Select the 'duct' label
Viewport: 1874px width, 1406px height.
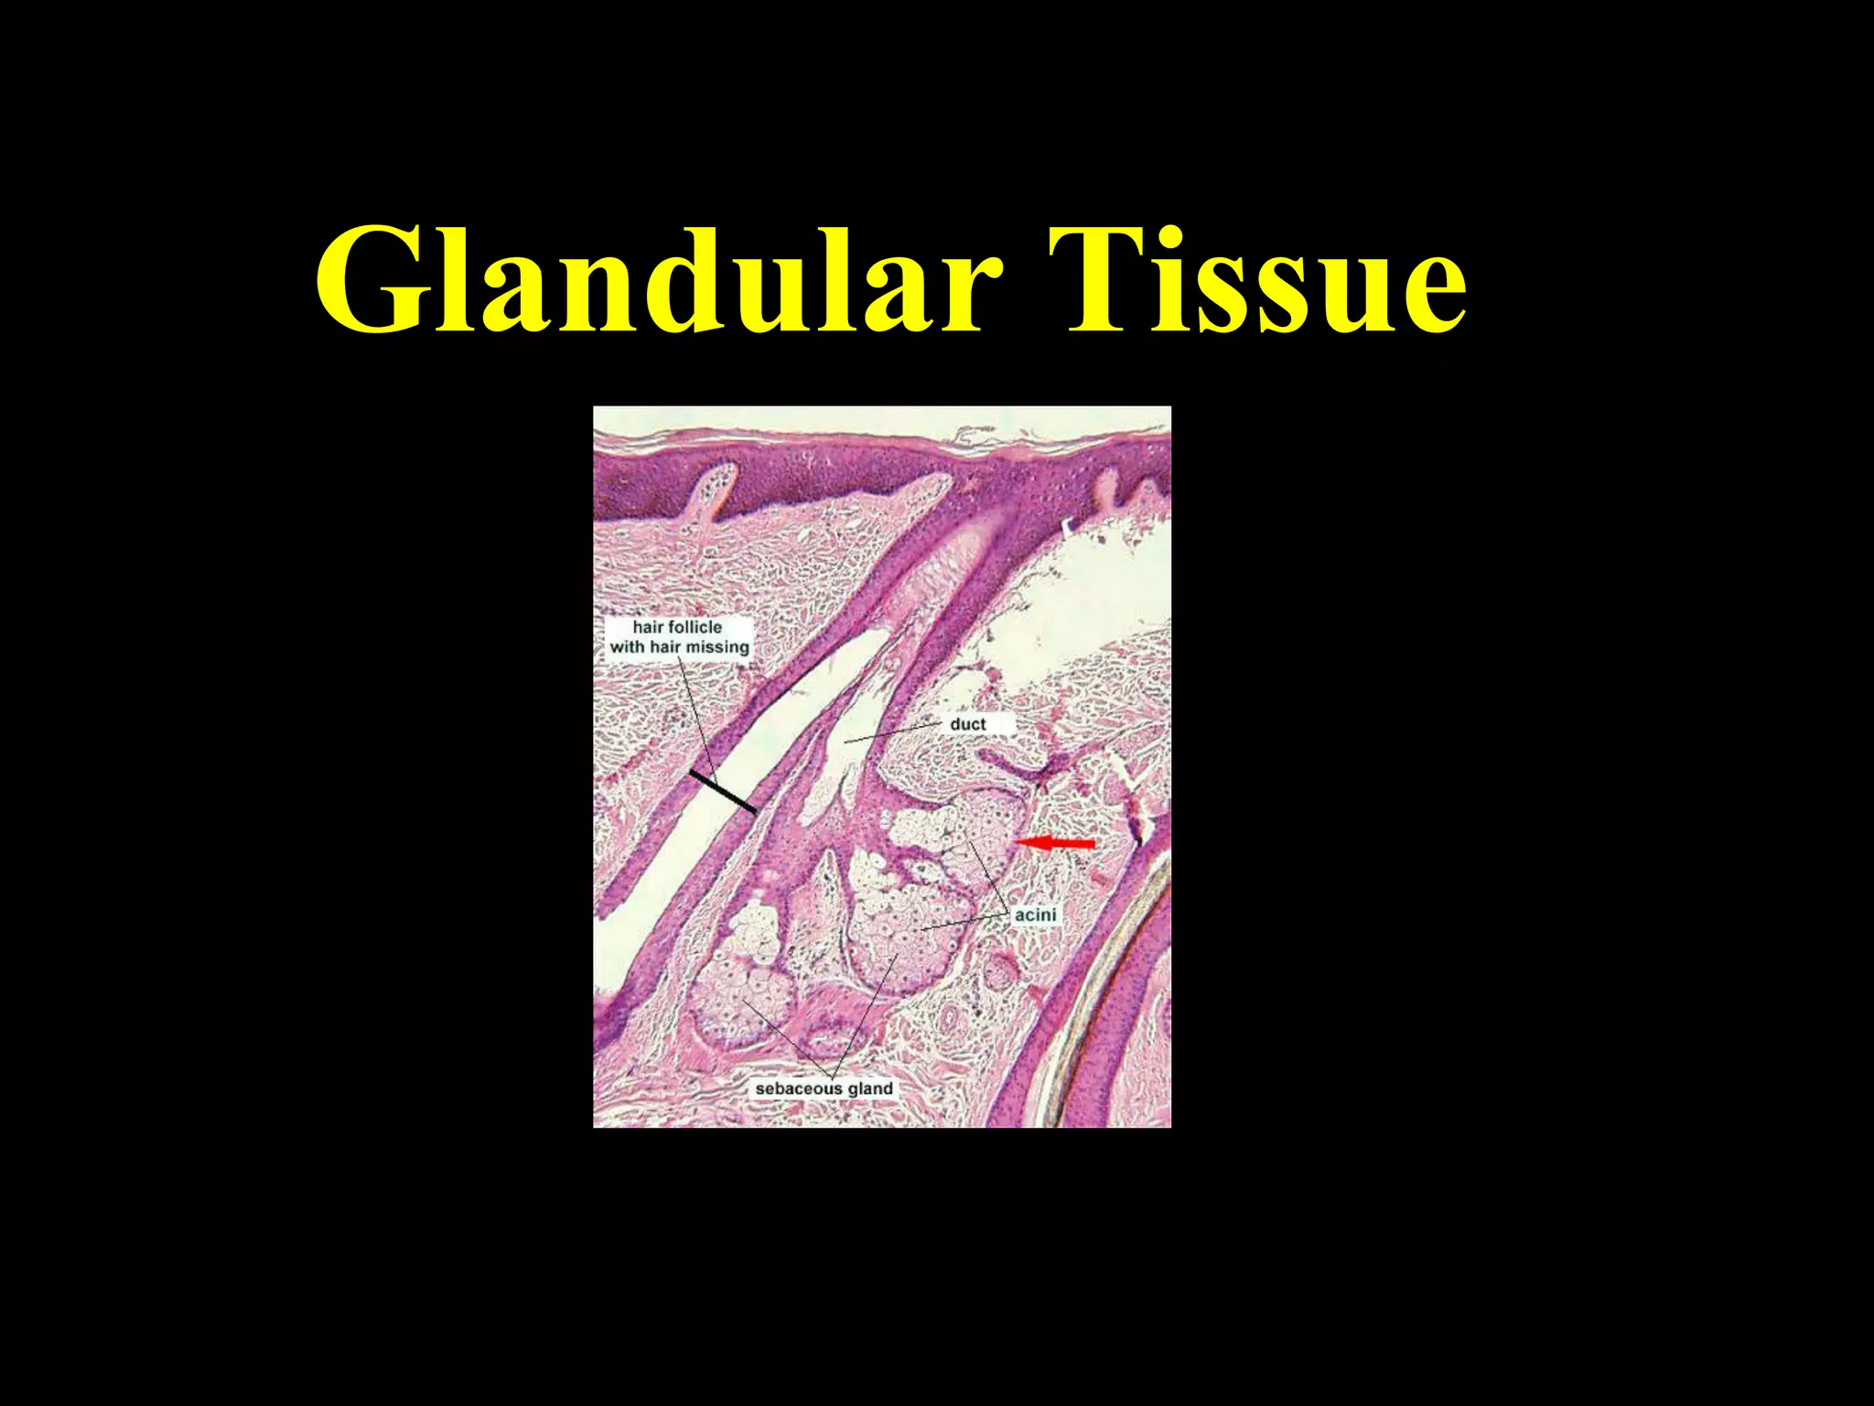pyautogui.click(x=967, y=724)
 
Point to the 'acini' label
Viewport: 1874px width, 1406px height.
pyautogui.click(x=1035, y=914)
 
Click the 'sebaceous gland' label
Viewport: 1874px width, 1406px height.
pyautogui.click(x=824, y=1088)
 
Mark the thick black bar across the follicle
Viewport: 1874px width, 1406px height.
pyautogui.click(x=723, y=792)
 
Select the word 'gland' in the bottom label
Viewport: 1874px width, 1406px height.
pyautogui.click(x=870, y=1088)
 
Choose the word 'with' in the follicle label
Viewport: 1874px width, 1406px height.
pyautogui.click(x=627, y=647)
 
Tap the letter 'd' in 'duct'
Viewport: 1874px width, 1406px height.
pyautogui.click(x=955, y=724)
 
